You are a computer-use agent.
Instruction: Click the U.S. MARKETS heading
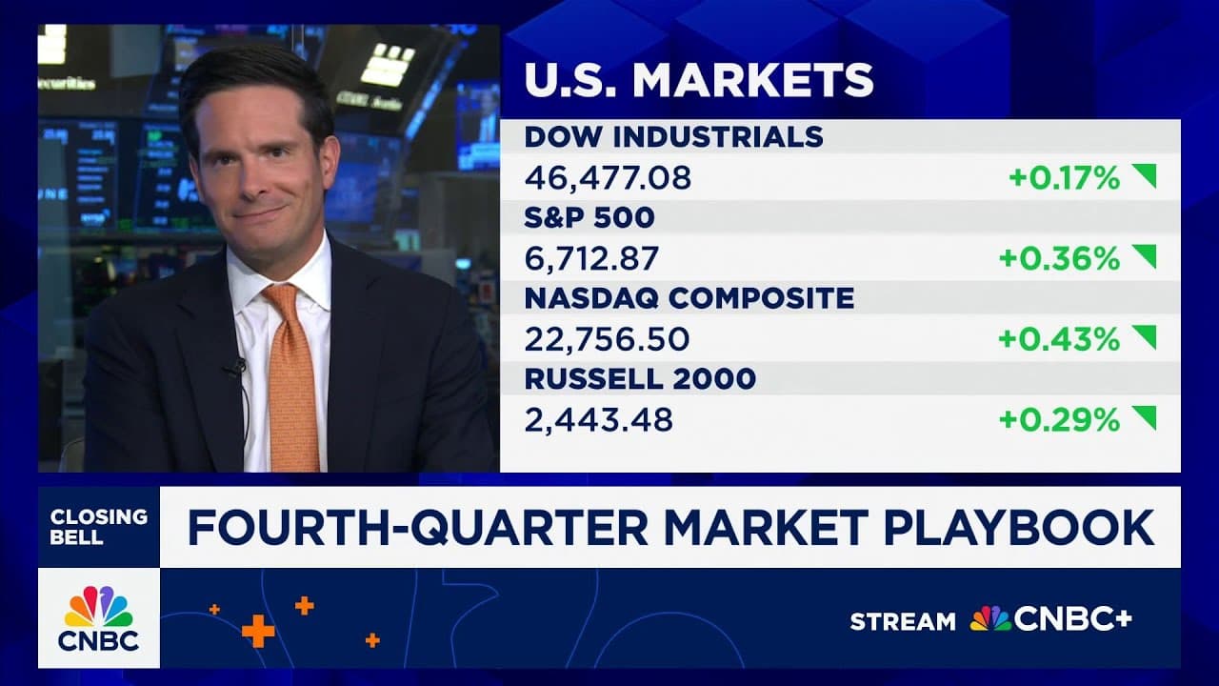[x=699, y=80]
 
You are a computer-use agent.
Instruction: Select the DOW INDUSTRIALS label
[x=673, y=136]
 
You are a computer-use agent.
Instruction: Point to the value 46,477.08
[x=608, y=177]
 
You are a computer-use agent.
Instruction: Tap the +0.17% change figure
[x=1064, y=177]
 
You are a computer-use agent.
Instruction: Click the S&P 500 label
[x=590, y=217]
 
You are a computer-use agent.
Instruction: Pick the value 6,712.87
[x=592, y=258]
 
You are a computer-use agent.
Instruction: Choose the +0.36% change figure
[x=1059, y=258]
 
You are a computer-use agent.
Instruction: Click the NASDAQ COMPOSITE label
[x=689, y=298]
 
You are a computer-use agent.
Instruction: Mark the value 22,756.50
[x=607, y=339]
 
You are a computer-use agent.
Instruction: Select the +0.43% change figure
[x=1059, y=339]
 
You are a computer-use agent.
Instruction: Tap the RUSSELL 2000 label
[x=640, y=379]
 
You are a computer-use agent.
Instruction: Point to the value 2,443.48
[x=598, y=419]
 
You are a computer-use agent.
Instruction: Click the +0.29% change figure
[x=1059, y=419]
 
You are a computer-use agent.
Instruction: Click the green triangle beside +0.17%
[x=1144, y=175]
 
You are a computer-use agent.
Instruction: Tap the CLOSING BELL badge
[x=99, y=527]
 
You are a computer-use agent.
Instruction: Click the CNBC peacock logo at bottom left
[x=99, y=618]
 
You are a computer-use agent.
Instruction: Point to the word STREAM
[x=902, y=621]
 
